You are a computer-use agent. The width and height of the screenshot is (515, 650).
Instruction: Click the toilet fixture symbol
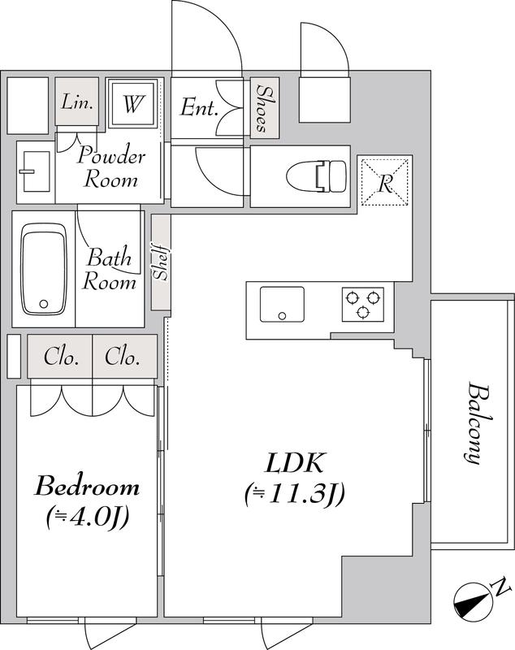point(317,176)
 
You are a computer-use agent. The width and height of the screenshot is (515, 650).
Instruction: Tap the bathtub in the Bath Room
point(44,270)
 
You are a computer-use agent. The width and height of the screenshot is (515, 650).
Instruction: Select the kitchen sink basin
point(282,304)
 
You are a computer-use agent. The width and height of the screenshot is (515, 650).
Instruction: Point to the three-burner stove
point(362,304)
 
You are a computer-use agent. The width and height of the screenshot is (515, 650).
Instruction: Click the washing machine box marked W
point(132,104)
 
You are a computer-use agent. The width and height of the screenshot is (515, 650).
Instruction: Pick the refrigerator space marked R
point(385,181)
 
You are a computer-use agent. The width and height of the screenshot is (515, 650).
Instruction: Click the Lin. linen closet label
point(77,102)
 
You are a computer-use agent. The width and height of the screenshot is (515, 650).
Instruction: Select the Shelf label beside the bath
point(160,262)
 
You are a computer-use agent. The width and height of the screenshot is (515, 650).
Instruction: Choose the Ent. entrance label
point(199,108)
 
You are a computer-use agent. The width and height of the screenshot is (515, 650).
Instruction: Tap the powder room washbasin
point(35,171)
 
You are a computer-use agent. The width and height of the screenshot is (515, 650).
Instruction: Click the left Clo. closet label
point(61,356)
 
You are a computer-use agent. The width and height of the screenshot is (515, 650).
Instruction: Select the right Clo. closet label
point(122,356)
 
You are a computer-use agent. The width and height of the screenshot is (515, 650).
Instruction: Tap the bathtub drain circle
point(44,304)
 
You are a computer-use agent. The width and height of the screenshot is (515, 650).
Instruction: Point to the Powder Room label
point(111,167)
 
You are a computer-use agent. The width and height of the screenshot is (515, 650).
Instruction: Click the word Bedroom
point(87,486)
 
